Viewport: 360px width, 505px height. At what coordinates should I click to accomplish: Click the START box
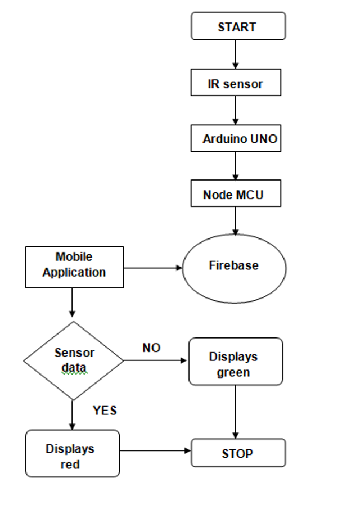coord(238,26)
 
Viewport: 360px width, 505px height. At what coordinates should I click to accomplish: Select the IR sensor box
coord(236,83)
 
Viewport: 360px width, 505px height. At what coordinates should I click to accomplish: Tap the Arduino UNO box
coord(236,138)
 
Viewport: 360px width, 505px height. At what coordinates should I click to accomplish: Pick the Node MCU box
coord(236,193)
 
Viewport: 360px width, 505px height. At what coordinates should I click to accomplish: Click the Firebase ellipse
coord(235,269)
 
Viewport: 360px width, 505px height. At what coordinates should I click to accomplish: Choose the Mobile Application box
coord(74,267)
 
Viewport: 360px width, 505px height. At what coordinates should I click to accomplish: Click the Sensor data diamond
coord(74,360)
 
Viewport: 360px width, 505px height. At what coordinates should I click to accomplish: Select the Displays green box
coord(236,362)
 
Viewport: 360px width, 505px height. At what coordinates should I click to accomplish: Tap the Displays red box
coord(73,453)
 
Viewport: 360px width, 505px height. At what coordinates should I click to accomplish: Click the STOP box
coord(238,453)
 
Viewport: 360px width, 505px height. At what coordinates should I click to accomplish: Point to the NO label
coord(151,348)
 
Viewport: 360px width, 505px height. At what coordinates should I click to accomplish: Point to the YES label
coord(105,411)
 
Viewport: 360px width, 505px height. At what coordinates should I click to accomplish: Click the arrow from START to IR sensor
coord(235,55)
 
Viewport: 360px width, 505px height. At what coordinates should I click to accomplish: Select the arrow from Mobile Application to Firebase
coord(153,268)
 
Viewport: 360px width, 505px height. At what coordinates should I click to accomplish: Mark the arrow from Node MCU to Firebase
coord(235,220)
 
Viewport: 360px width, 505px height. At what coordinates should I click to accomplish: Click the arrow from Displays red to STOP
coord(155,450)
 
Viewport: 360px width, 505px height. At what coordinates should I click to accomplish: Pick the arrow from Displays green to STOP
coord(235,412)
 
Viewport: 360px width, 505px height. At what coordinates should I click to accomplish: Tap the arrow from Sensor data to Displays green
coord(155,360)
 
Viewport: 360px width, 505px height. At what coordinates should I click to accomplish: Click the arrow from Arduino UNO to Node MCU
coord(235,166)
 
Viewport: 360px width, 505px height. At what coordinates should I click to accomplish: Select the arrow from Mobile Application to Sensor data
coord(72,303)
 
